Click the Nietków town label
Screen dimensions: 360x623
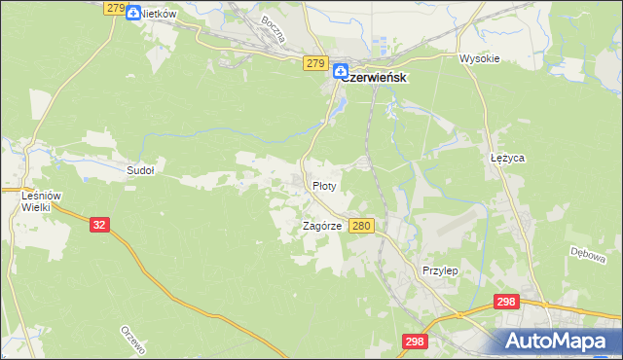[x=158, y=14]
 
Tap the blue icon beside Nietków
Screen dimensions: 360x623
[x=133, y=14]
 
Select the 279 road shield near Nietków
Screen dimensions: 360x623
[x=114, y=8]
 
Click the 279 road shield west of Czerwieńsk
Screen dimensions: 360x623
[x=313, y=63]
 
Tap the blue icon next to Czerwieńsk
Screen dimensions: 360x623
[x=340, y=71]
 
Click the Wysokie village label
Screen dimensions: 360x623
[x=479, y=58]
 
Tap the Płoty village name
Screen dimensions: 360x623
[x=324, y=185]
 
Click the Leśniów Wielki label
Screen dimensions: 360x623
[x=41, y=201]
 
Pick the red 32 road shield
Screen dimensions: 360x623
[x=98, y=224]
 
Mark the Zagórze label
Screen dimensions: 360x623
[x=322, y=226]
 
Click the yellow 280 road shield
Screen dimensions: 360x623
[x=361, y=226]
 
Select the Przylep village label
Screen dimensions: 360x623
[x=439, y=270]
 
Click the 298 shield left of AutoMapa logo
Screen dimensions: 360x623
[x=415, y=341]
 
